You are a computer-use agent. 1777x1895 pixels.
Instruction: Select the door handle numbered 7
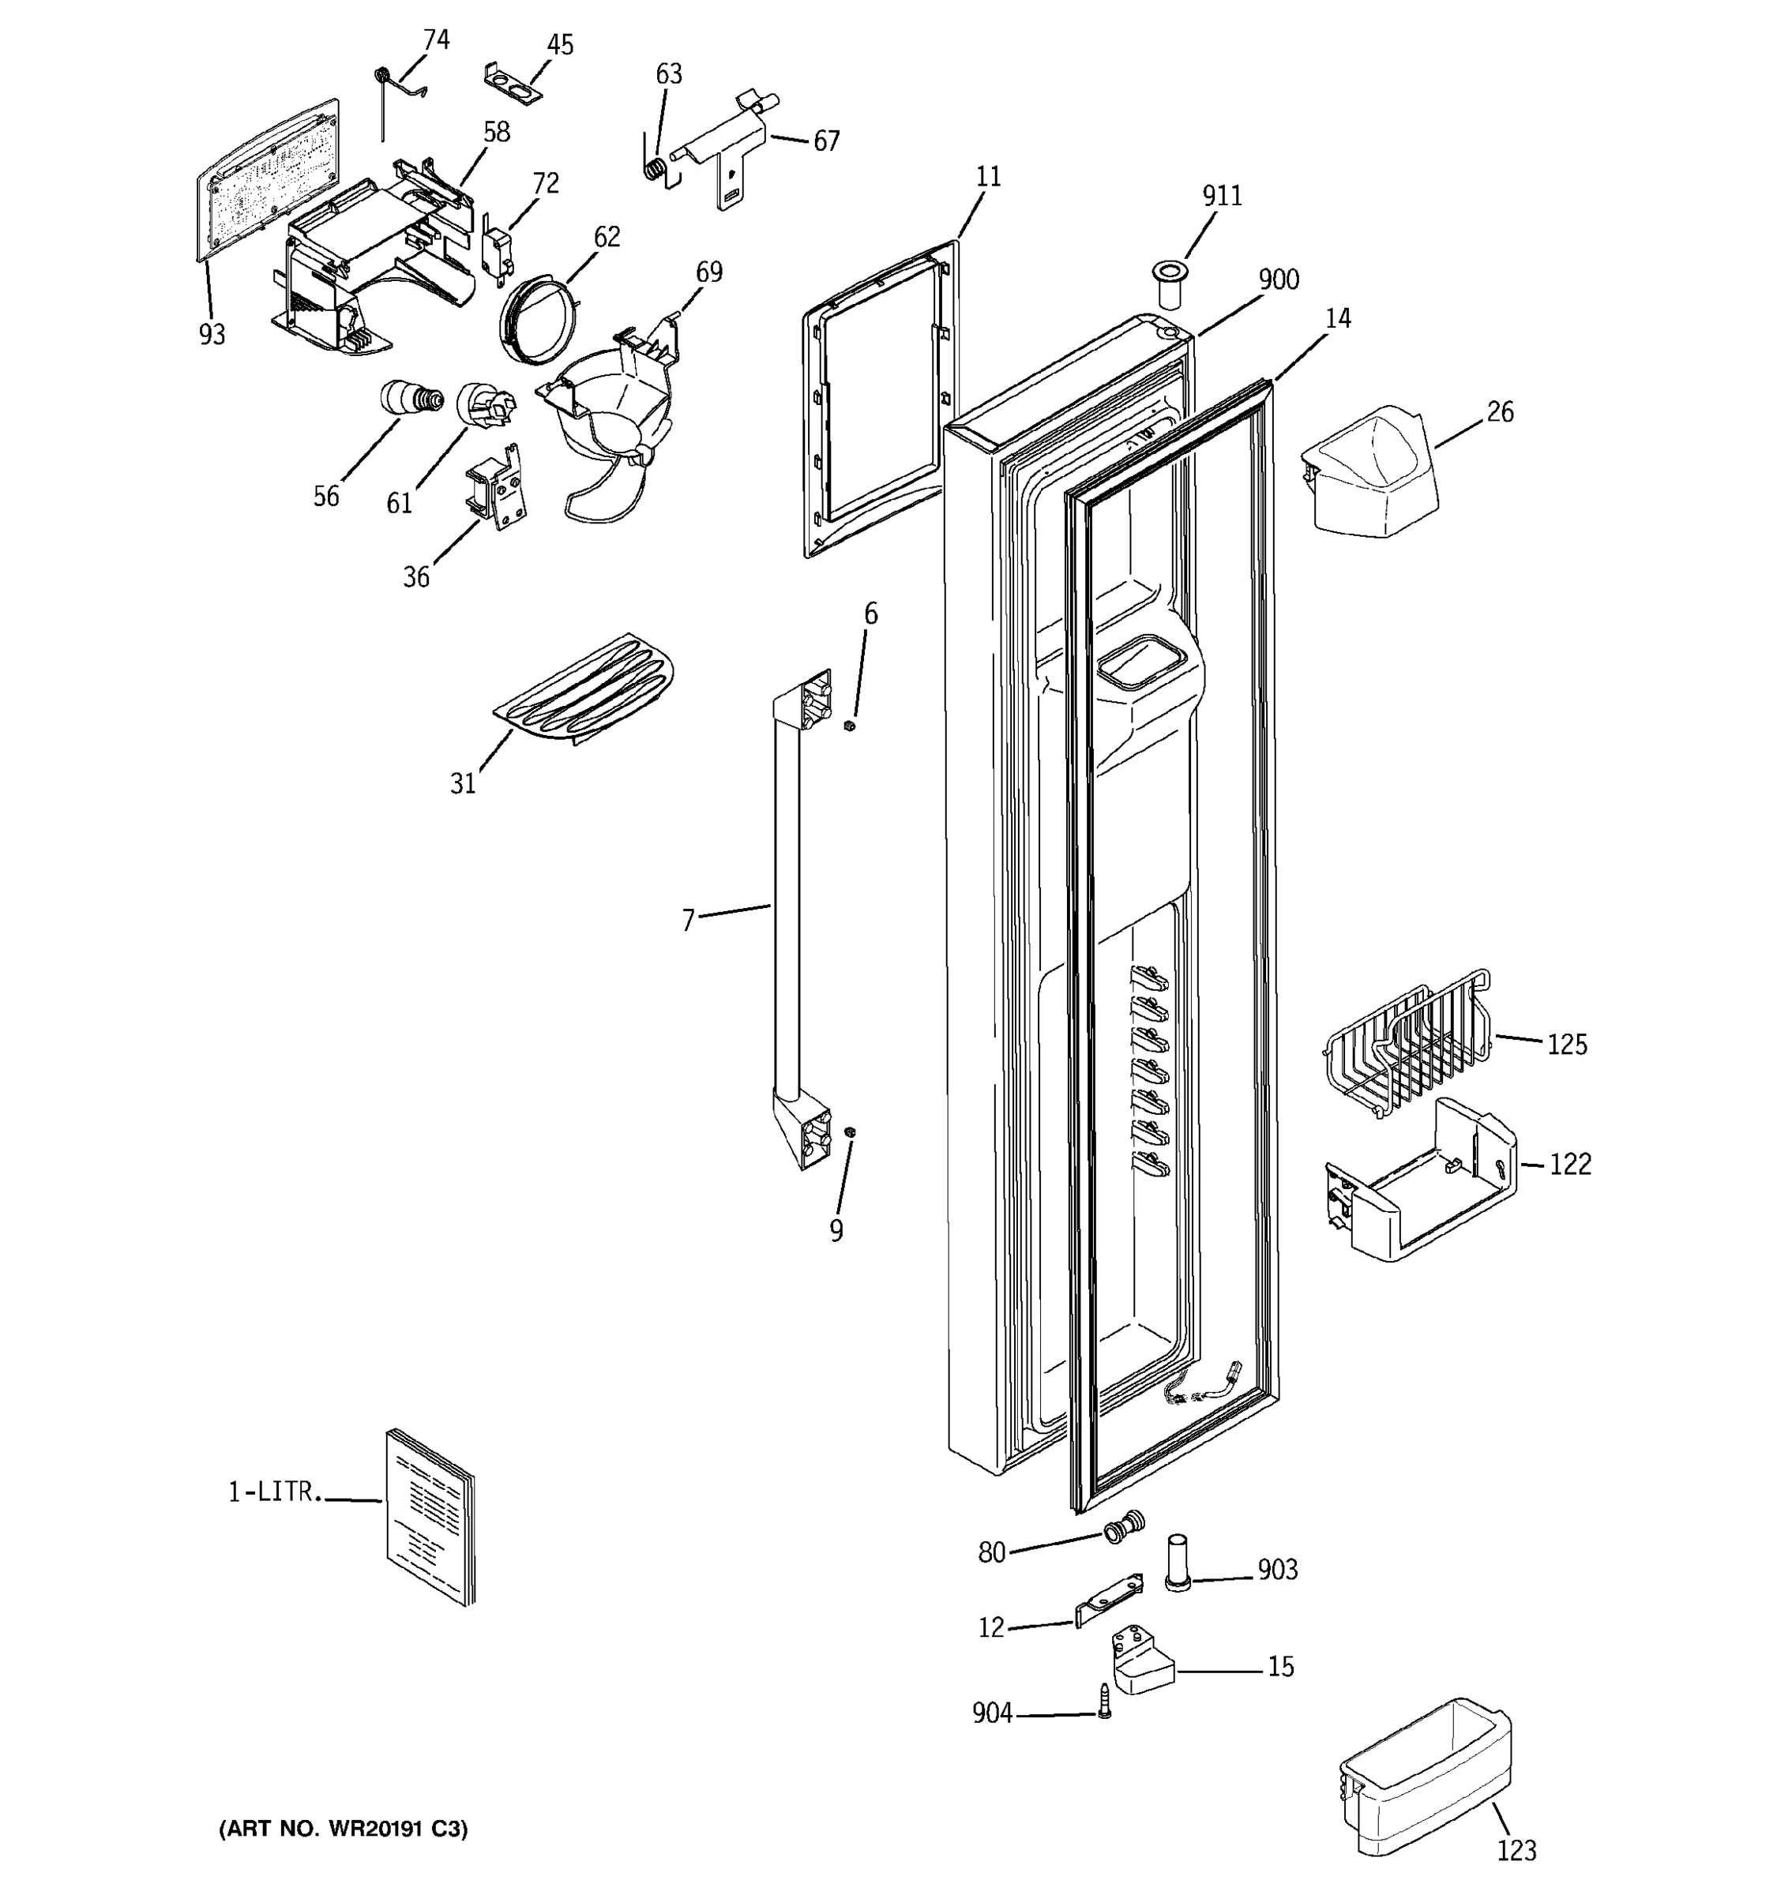coord(787,915)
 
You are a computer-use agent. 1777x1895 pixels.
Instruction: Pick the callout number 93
coord(212,335)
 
